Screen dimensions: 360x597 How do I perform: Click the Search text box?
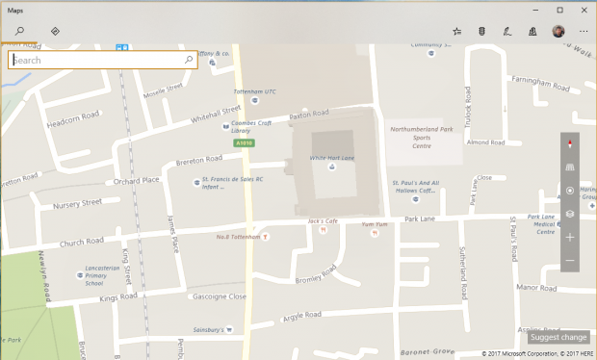[x=96, y=60]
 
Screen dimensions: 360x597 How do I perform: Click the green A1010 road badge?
[x=245, y=143]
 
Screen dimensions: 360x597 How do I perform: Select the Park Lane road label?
[x=420, y=219]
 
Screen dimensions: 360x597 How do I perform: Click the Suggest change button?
[x=558, y=338]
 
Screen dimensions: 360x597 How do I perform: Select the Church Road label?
[x=80, y=241]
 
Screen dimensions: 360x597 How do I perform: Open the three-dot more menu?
[x=584, y=32]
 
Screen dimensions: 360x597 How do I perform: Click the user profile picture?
[x=558, y=32]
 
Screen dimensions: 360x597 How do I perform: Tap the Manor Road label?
[x=536, y=287]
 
